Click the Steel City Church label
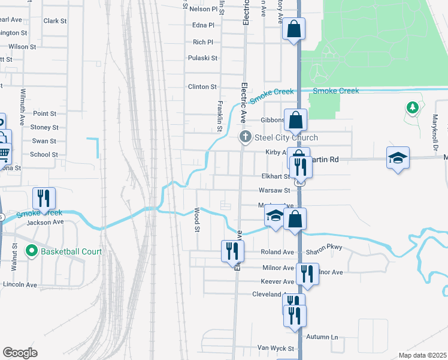click(x=286, y=137)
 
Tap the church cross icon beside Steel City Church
click(x=244, y=138)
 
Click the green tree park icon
click(x=411, y=108)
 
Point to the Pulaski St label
click(x=202, y=58)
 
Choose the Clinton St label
click(x=202, y=86)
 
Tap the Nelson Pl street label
click(x=203, y=9)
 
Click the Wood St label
click(x=196, y=219)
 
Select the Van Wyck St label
click(x=276, y=348)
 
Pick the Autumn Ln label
click(x=322, y=337)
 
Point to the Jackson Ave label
click(x=45, y=222)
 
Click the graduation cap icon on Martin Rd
click(x=398, y=157)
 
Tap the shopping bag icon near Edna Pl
click(x=294, y=28)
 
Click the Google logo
click(x=20, y=353)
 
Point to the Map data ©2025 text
click(x=422, y=355)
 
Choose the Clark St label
click(x=55, y=20)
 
